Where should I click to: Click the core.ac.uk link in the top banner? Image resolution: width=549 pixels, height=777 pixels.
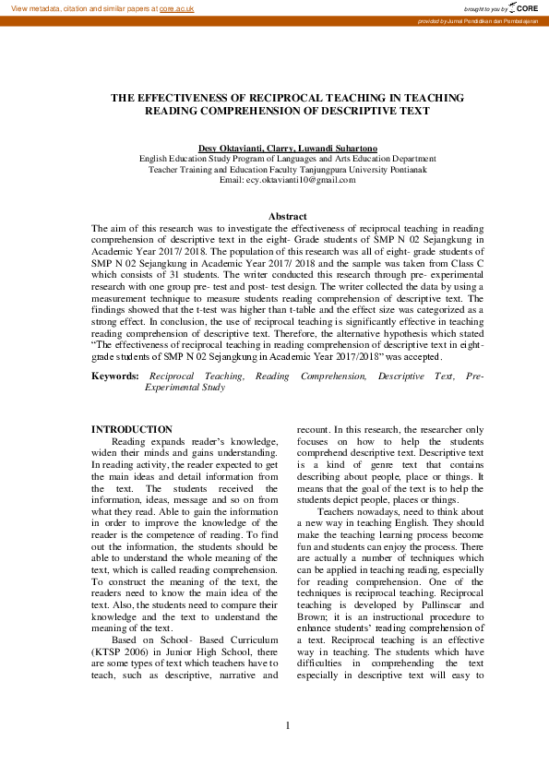176,7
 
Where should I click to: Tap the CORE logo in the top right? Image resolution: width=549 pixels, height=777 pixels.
522,7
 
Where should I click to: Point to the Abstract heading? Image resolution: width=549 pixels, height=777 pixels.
287,216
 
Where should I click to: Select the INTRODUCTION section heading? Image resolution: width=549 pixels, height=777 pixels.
132,429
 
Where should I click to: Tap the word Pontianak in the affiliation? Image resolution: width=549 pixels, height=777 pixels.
405,170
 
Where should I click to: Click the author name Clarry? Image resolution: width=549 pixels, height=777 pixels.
280,149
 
